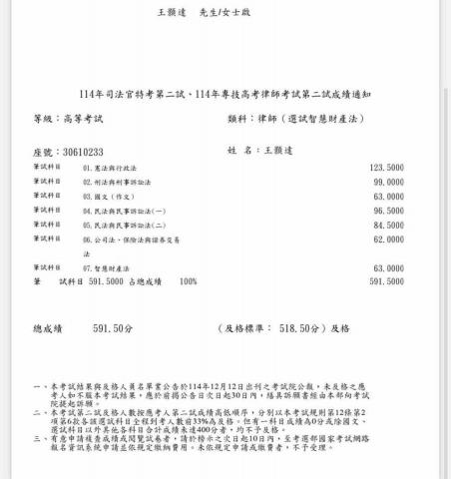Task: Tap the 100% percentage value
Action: (188, 282)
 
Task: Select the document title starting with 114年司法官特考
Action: (225, 95)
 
